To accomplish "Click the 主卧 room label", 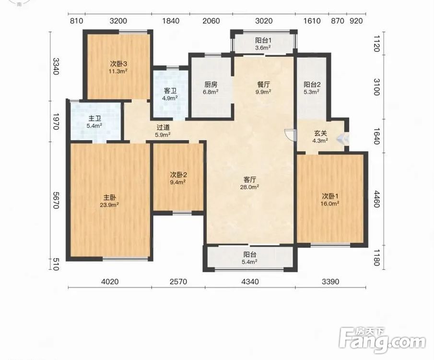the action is [110, 197].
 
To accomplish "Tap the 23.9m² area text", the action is [109, 205].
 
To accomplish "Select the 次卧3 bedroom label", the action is [118, 64].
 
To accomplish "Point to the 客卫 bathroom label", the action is [170, 91].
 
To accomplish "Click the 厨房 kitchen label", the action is [211, 84].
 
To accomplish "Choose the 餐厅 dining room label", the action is [263, 84].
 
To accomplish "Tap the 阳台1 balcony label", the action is [263, 40].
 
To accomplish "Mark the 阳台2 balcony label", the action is [312, 84].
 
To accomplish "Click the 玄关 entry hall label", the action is [320, 133].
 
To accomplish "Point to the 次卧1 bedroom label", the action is [330, 196].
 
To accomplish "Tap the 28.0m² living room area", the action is [250, 187].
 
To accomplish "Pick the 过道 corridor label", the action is [163, 128].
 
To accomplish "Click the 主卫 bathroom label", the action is [94, 119].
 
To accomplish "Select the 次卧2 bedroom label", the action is [178, 175].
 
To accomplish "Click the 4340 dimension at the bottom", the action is [250, 282].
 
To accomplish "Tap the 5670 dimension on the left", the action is [55, 200].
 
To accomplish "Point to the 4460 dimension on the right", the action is [376, 199].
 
